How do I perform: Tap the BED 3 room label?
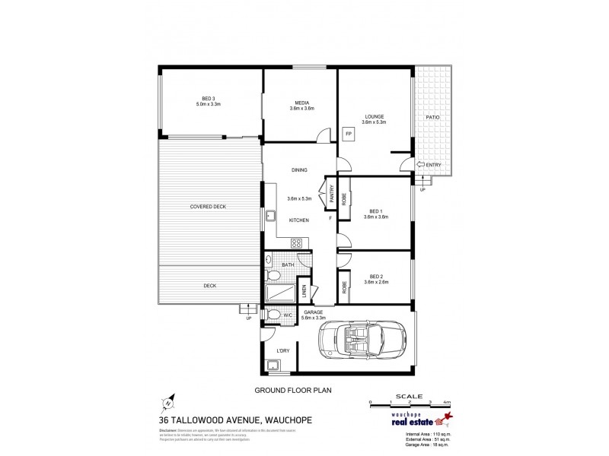point(208,98)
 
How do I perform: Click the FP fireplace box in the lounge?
point(349,135)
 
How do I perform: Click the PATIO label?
point(432,117)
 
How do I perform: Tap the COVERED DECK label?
point(208,207)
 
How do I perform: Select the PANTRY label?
point(332,192)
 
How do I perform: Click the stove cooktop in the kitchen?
point(298,243)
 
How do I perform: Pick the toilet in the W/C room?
point(273,315)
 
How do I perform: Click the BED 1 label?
point(376,211)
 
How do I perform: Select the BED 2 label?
point(376,276)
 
